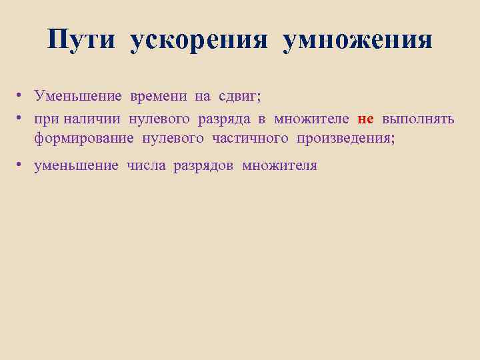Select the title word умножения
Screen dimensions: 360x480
[x=357, y=41]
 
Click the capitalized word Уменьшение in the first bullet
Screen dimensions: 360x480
[x=79, y=97]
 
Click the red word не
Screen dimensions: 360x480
[x=365, y=119]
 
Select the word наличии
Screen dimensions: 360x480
[x=91, y=119]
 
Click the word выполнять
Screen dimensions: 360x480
[x=419, y=119]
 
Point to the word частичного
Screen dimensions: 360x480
[x=251, y=139]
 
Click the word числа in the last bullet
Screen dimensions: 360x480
[x=146, y=165]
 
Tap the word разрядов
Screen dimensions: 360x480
[x=203, y=166]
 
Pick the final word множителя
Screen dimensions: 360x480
[x=280, y=165]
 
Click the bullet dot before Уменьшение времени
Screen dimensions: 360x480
[x=21, y=96]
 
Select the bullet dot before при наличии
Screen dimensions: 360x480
[x=21, y=118]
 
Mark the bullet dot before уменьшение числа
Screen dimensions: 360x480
[x=21, y=165]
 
